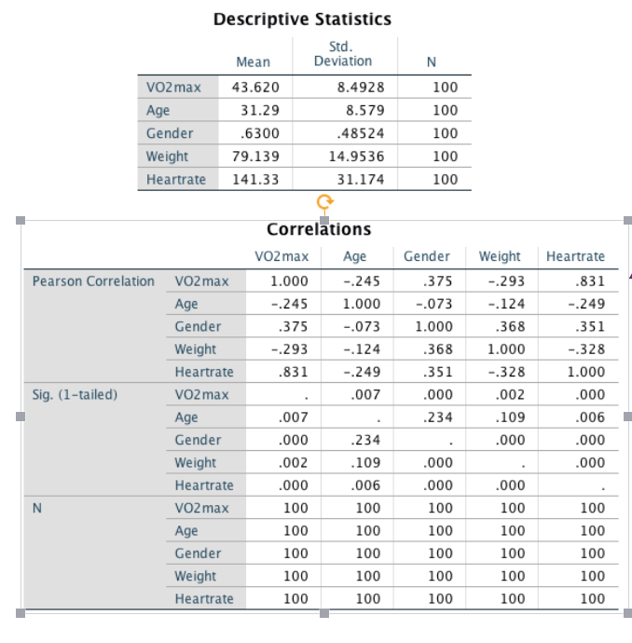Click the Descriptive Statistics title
point(302,19)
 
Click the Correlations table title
point(319,229)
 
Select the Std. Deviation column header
point(343,54)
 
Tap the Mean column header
point(253,62)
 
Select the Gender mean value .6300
point(259,133)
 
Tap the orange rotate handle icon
point(324,202)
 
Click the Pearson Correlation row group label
point(93,281)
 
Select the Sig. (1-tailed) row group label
point(75,394)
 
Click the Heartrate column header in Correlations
point(575,256)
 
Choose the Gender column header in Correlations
point(427,256)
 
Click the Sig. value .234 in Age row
point(437,417)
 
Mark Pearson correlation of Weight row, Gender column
point(437,349)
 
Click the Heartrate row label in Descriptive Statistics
point(176,179)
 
